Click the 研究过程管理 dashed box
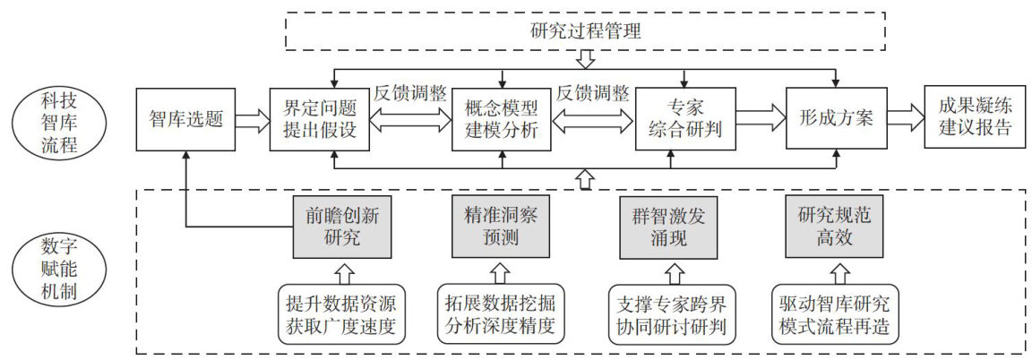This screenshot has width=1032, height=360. point(586,30)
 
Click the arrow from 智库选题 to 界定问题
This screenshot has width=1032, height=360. point(252,117)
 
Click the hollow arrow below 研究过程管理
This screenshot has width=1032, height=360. point(586,60)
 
